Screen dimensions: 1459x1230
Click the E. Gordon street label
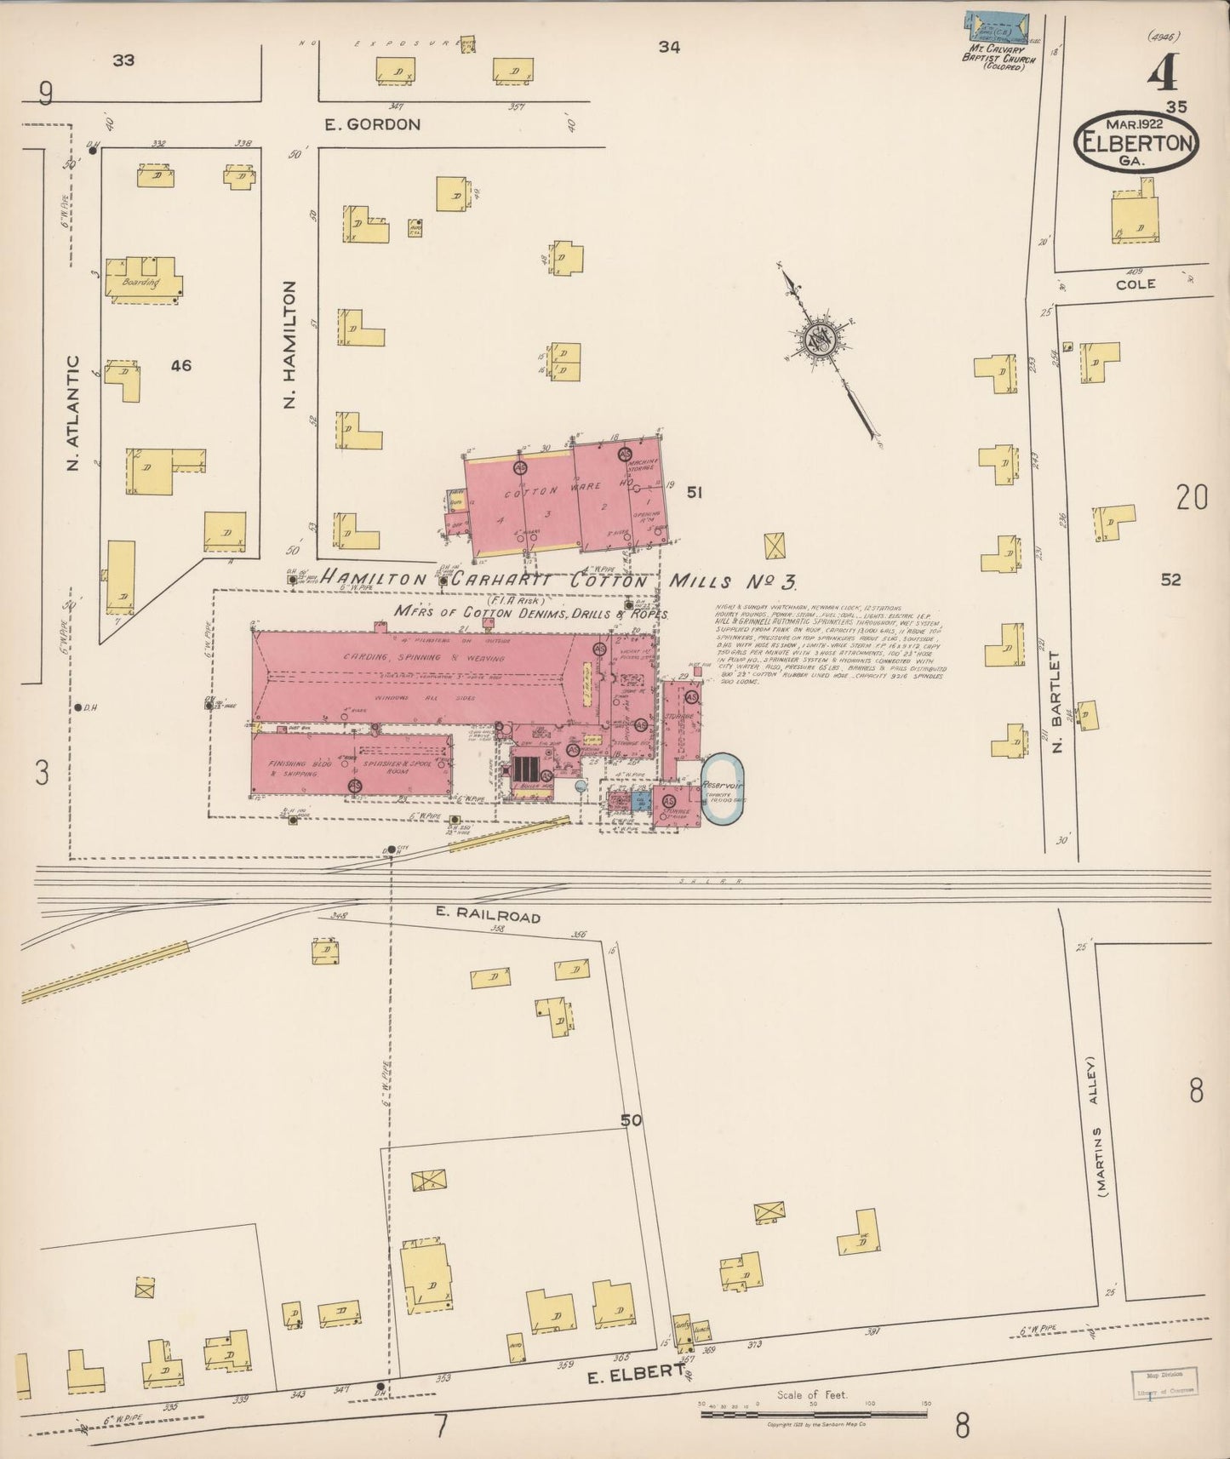(x=372, y=124)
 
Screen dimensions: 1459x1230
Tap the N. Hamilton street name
(x=289, y=344)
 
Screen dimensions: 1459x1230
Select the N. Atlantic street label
(x=72, y=414)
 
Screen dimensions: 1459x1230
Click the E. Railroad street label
(x=488, y=916)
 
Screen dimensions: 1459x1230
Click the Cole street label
(x=1136, y=283)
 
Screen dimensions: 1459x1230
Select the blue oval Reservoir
(x=722, y=788)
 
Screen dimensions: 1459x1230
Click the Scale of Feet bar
(x=813, y=1415)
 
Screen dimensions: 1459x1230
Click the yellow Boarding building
(x=142, y=279)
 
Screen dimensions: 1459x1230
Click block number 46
(x=180, y=366)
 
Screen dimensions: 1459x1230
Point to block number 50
(x=631, y=1120)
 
